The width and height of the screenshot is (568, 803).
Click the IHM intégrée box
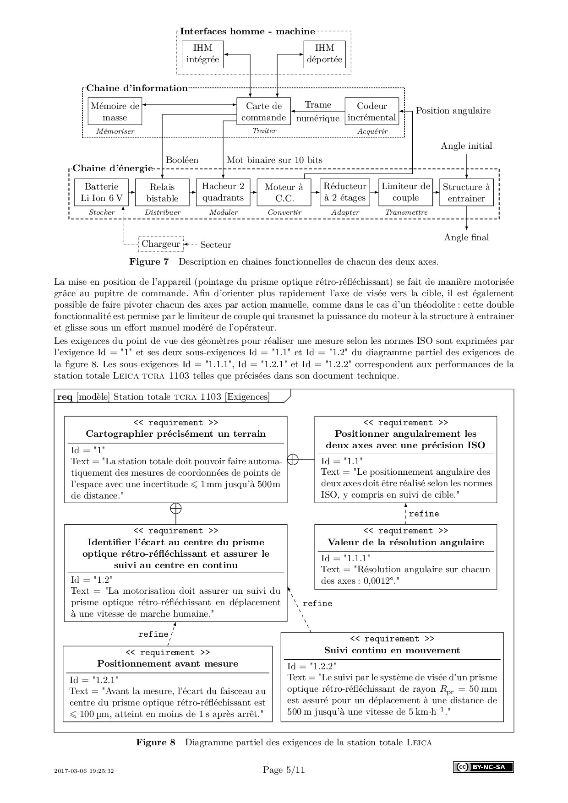(x=202, y=54)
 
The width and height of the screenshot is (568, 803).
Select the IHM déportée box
(x=324, y=54)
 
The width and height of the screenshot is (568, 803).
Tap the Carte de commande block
(x=263, y=112)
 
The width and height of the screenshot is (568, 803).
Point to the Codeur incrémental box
(x=371, y=112)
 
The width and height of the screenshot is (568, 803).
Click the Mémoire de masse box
(x=115, y=112)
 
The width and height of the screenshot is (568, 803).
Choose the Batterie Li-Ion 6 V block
(x=101, y=192)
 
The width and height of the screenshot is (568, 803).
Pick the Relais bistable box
(x=162, y=192)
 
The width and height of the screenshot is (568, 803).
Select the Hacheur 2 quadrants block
(x=223, y=192)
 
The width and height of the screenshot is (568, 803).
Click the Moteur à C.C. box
(x=284, y=192)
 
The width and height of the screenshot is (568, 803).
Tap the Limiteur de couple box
(x=405, y=192)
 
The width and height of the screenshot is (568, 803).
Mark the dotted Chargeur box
(x=161, y=244)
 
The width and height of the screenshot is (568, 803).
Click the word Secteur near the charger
(x=216, y=245)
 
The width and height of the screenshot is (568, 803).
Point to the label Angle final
(x=466, y=237)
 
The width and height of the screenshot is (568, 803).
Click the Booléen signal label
(x=182, y=160)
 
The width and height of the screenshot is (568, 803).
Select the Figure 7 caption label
(x=149, y=262)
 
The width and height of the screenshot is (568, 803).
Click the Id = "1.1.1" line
(x=345, y=558)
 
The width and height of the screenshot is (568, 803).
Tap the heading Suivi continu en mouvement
(x=392, y=650)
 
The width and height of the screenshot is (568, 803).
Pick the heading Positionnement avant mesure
(x=168, y=663)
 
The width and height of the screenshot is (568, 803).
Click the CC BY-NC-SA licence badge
(x=483, y=767)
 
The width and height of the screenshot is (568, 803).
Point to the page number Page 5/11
(x=284, y=770)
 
